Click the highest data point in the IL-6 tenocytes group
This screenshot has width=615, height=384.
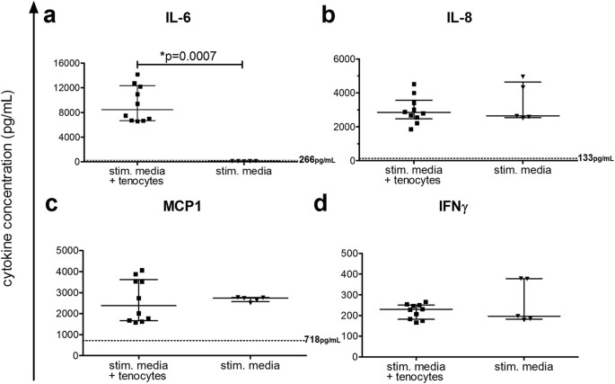point(137,75)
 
